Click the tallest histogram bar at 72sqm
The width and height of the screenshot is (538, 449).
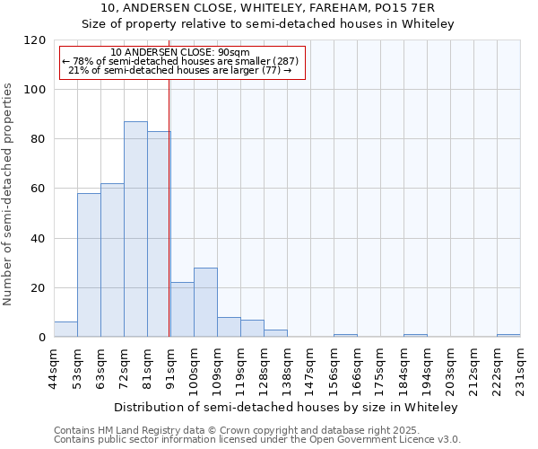(x=135, y=229)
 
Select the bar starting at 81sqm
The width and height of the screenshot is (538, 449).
(x=159, y=234)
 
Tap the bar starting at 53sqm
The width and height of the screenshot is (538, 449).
(x=89, y=265)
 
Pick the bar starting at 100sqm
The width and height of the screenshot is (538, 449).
(x=205, y=303)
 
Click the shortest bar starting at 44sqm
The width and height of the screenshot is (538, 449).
(x=65, y=330)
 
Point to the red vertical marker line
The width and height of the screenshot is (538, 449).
(x=169, y=207)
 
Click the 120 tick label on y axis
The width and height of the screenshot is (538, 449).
(x=35, y=40)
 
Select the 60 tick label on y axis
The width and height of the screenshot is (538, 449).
(x=39, y=189)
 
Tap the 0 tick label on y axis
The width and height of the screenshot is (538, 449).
(x=42, y=338)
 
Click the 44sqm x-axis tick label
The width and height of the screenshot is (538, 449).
(x=55, y=366)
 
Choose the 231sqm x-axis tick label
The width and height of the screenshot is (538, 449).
(x=521, y=366)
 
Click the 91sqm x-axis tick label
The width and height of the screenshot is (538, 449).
(x=171, y=366)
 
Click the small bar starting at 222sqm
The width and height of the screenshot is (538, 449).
(x=508, y=335)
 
